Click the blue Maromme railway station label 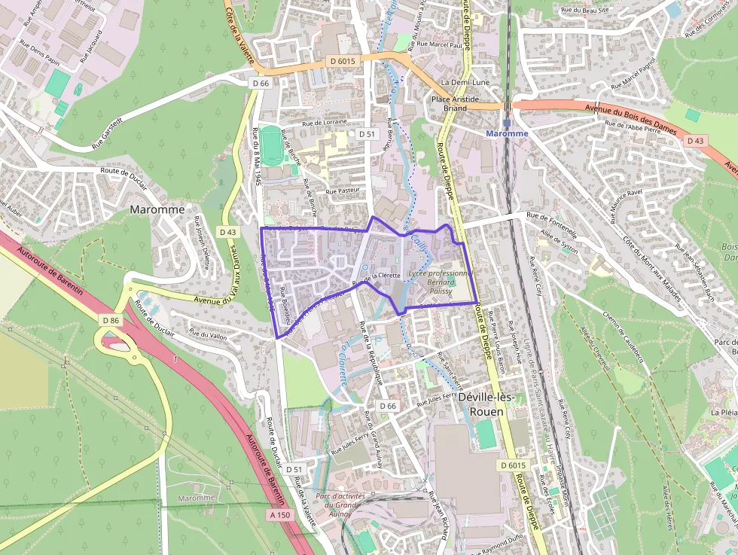[507, 133]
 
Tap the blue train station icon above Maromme [507, 122]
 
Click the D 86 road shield [110, 320]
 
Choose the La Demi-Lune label [461, 81]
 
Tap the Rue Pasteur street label [343, 191]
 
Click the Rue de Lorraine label [325, 122]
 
